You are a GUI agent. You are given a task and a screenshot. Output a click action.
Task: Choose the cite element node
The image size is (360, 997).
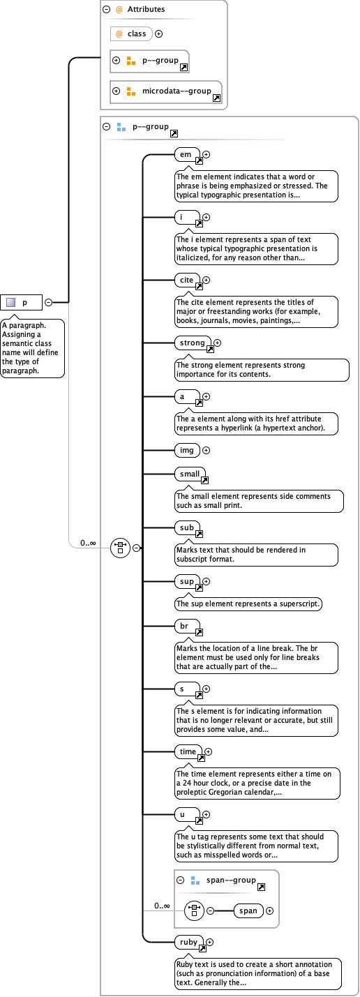pos(187,280)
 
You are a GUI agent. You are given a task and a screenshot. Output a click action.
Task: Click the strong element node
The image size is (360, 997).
pos(193,343)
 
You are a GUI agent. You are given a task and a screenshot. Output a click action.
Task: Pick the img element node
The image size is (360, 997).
pos(187,450)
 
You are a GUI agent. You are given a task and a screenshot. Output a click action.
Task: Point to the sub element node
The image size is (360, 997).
pos(187,528)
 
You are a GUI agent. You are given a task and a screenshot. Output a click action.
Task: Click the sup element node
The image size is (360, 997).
pos(187,581)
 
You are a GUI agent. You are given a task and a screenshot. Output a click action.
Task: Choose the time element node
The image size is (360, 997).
pos(188,751)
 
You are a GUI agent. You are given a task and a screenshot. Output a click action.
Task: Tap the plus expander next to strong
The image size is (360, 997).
pos(217,343)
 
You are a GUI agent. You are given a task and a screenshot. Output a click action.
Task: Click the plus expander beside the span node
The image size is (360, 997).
pos(270,910)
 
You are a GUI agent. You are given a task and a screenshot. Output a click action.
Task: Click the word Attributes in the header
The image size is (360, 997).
pos(146,10)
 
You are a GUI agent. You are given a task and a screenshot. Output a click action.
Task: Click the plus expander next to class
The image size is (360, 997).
pos(158,33)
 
